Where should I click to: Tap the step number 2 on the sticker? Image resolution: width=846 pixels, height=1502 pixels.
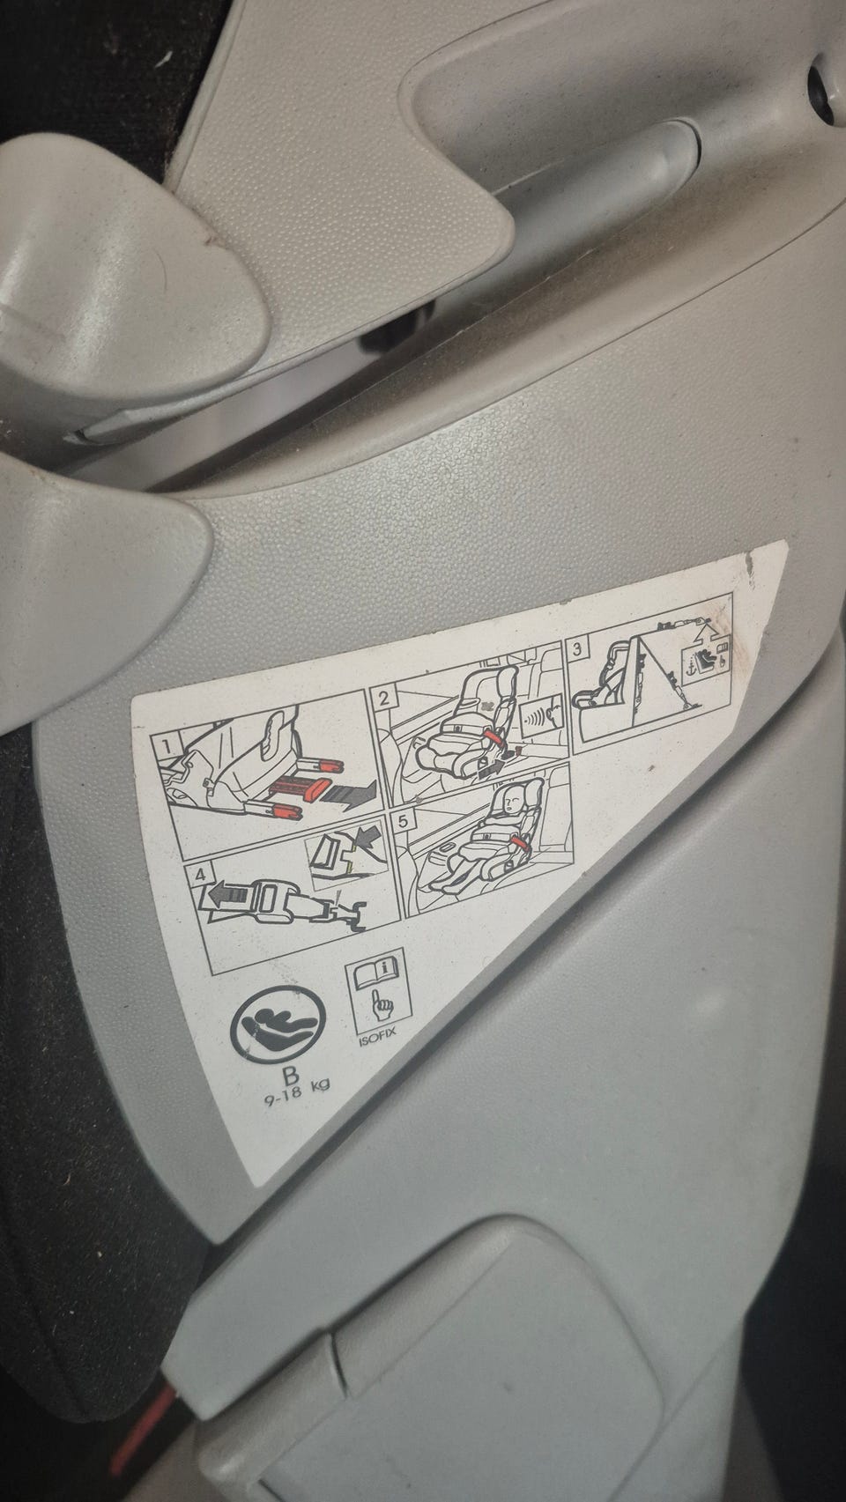[384, 698]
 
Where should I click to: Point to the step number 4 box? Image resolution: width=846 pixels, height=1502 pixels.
[200, 875]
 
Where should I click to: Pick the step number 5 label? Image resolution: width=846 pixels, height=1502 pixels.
[403, 822]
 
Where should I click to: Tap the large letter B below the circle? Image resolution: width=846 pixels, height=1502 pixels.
[291, 1076]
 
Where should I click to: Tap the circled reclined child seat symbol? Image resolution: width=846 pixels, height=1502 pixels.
[278, 1026]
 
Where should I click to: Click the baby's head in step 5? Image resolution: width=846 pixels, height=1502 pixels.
[513, 798]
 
